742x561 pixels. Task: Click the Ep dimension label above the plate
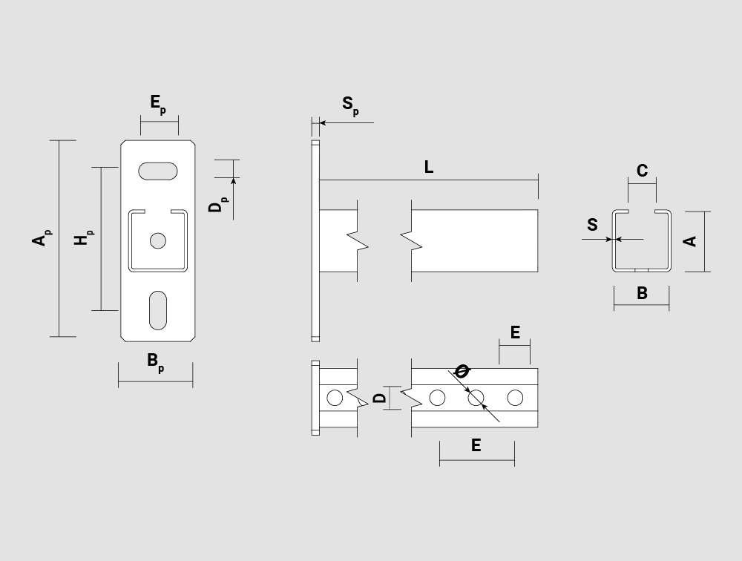click(158, 104)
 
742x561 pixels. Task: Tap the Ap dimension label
click(42, 238)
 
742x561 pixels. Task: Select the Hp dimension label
click(84, 237)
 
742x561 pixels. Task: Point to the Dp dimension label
click(217, 205)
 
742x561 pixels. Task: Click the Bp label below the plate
click(156, 362)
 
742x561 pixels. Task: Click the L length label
click(429, 167)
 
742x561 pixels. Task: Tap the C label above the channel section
click(642, 171)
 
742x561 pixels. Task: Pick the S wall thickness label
click(592, 224)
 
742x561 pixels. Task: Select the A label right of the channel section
click(690, 241)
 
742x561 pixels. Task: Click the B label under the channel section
click(642, 293)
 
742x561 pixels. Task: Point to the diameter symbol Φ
click(462, 371)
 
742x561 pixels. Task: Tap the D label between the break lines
click(380, 398)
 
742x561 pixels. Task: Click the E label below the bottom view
click(476, 445)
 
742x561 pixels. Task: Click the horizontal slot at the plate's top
click(158, 171)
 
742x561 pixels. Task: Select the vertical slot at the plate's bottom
click(158, 311)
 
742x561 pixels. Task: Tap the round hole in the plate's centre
click(158, 240)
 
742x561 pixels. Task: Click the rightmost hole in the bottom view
click(515, 398)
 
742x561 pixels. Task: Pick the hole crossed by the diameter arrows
click(476, 398)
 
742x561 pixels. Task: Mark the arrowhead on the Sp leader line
click(323, 122)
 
